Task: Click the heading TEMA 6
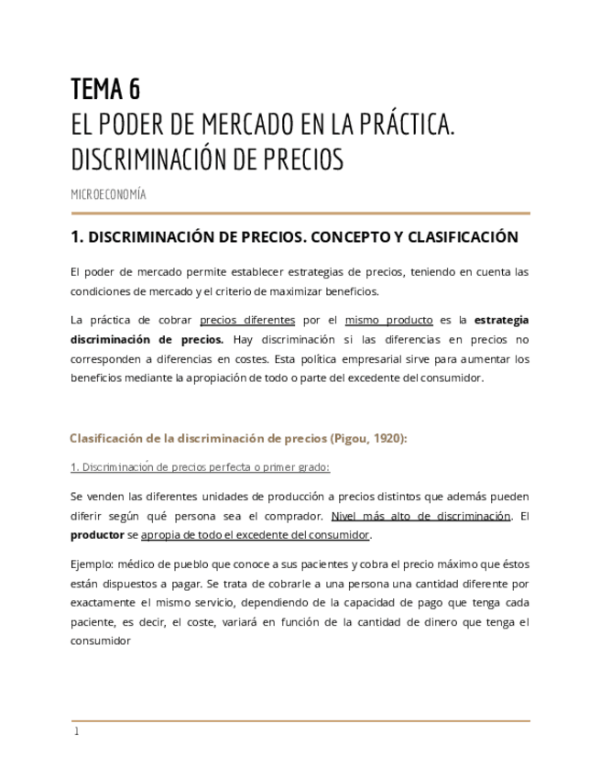105,89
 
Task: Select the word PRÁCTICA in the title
403,124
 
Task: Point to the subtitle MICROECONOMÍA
108,194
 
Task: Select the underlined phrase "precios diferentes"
247,320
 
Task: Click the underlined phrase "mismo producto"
388,320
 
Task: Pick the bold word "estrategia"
502,320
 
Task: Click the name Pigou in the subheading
341,438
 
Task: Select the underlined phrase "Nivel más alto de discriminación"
420,516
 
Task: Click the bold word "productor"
97,534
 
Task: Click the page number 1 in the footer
77,731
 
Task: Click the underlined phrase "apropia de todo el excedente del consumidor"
255,534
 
